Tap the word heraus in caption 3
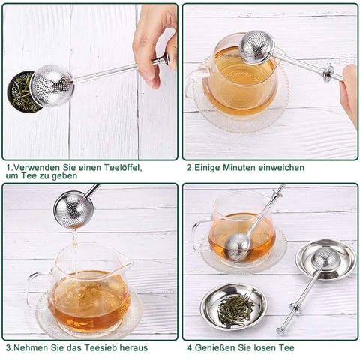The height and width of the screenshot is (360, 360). coord(133,347)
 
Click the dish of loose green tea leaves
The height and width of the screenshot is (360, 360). coord(234,306)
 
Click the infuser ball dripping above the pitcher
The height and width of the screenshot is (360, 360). coord(73,209)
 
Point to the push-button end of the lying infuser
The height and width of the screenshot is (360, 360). coord(281,331)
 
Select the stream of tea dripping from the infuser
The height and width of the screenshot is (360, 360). coord(74,250)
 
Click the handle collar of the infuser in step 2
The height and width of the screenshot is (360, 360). coord(328,73)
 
